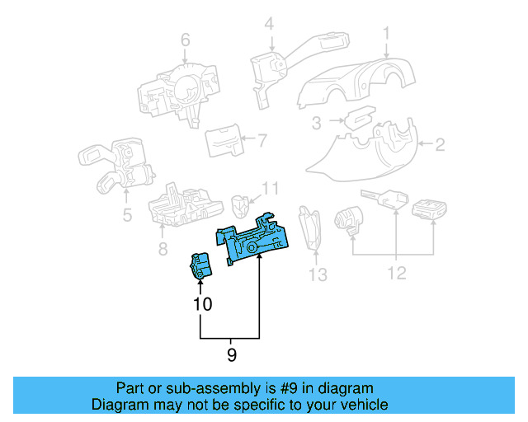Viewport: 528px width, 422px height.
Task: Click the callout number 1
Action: coord(385,34)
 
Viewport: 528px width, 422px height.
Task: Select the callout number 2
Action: coord(440,146)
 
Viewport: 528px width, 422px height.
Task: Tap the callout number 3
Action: coord(316,124)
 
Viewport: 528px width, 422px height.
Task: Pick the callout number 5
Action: coord(127,217)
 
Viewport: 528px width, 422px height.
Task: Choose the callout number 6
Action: coord(185,39)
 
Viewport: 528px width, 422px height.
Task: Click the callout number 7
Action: coord(262,139)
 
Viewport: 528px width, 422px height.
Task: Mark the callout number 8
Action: coord(163,248)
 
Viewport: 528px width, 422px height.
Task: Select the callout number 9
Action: coord(231,355)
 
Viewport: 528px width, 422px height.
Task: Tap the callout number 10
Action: coord(202,304)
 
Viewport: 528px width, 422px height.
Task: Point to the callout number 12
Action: coord(397,273)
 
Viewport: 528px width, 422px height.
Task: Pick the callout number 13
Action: coord(318,274)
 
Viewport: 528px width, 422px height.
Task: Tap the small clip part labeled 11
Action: coord(241,203)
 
